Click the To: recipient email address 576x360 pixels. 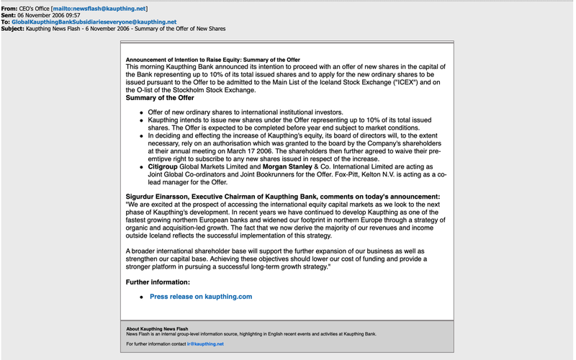94,22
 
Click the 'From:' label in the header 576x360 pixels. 10,9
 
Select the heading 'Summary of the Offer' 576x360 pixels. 160,97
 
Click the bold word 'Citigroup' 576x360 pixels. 164,167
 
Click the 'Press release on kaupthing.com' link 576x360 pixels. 201,297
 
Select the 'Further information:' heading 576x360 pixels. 158,282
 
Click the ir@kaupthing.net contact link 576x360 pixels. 205,344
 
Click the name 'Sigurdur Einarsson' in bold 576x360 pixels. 159,197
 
